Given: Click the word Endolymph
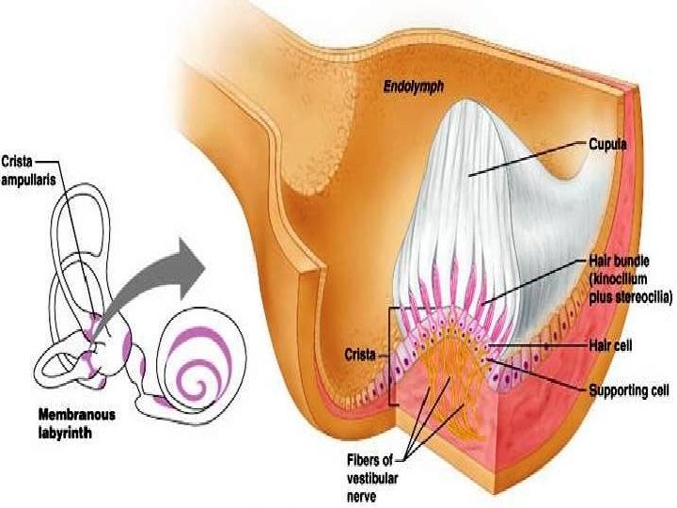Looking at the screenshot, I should click(414, 87).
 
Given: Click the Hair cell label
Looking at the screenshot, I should click(611, 345).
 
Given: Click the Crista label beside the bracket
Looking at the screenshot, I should click(357, 356).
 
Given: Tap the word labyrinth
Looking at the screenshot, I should click(68, 427).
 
